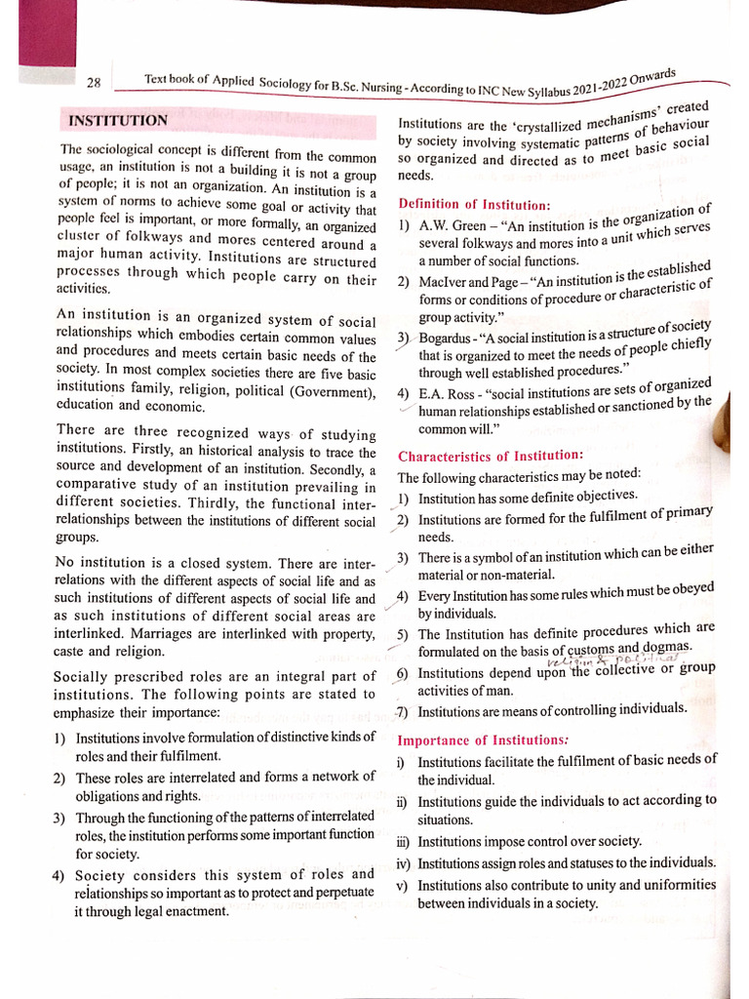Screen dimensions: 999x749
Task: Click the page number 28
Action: click(94, 83)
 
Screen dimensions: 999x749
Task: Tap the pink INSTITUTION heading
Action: click(118, 121)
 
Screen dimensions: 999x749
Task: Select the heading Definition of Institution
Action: click(474, 204)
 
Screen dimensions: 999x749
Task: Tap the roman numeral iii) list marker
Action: click(403, 842)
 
